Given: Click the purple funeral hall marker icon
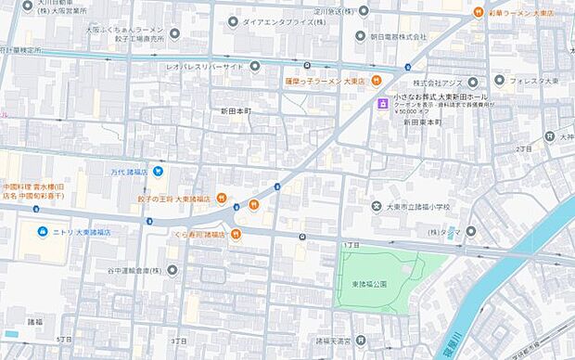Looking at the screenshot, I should [x=381, y=105].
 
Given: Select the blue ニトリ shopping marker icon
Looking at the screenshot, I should [x=42, y=231].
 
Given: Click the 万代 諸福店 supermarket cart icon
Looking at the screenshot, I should [x=160, y=171].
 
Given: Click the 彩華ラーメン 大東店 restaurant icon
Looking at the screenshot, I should [x=477, y=12].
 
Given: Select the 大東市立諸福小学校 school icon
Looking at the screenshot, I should [x=377, y=206].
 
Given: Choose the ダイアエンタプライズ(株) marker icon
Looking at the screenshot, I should [x=234, y=20].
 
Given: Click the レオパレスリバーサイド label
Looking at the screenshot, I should [x=205, y=67].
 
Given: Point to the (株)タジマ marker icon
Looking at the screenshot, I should [x=471, y=231].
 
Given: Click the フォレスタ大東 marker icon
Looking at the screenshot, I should [x=500, y=82].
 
